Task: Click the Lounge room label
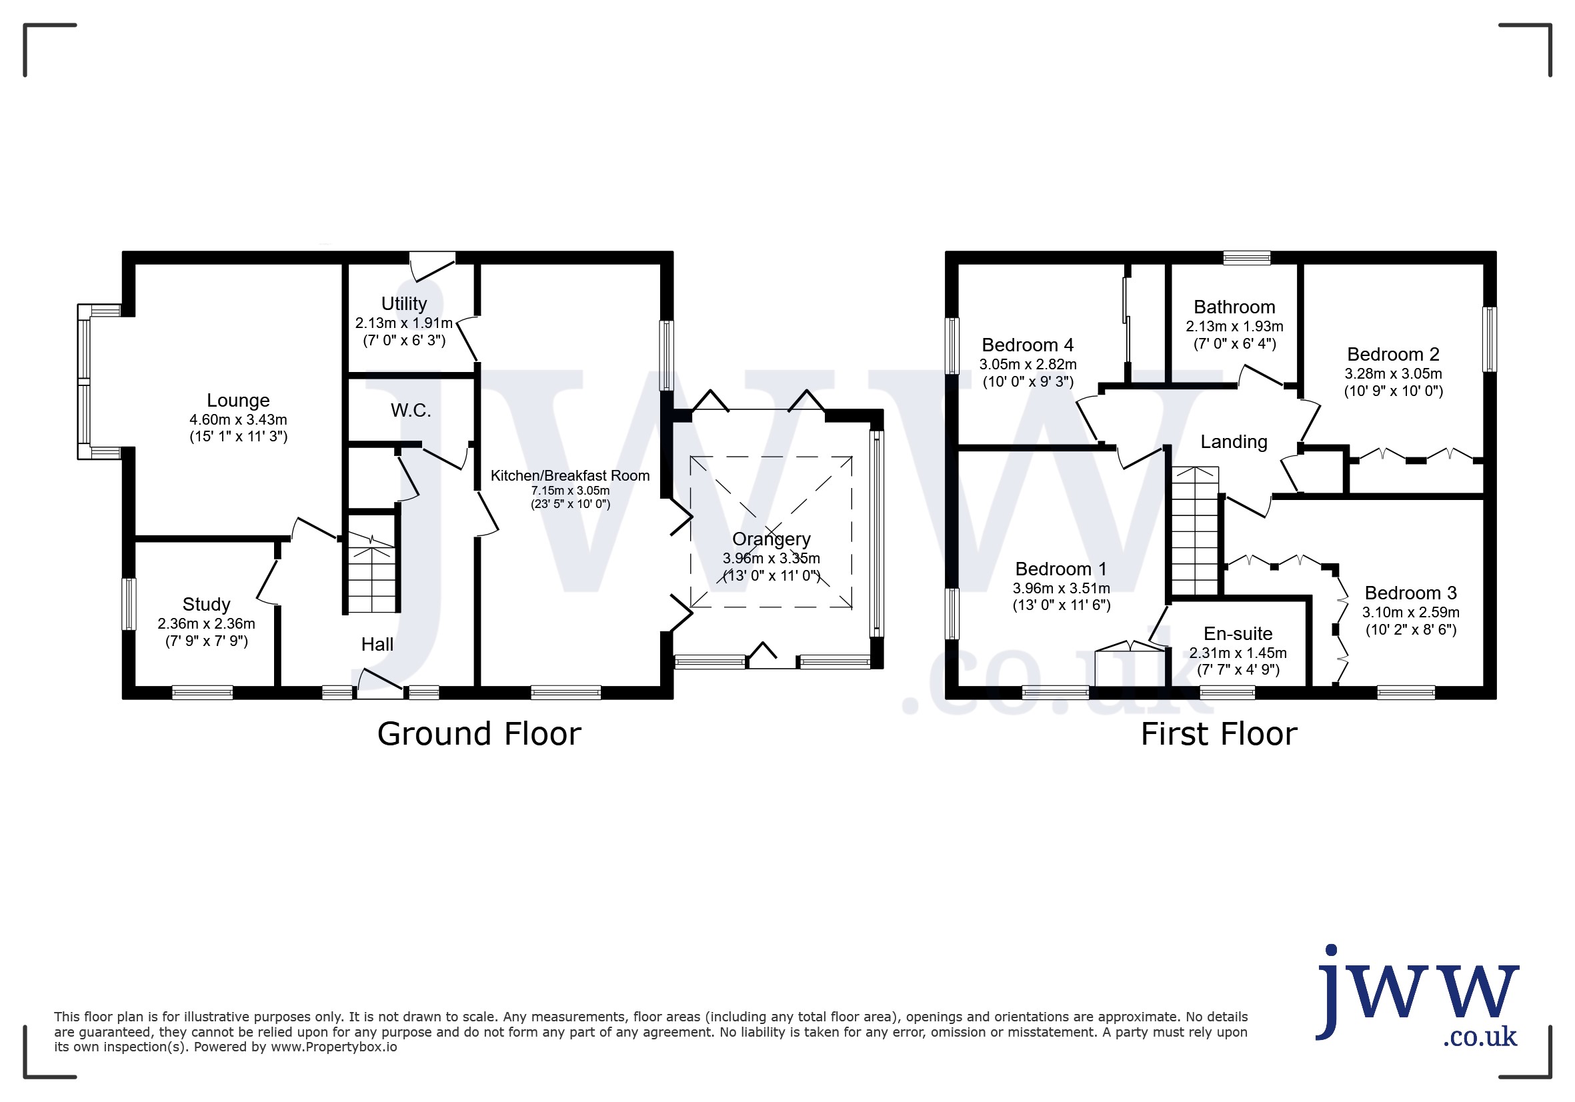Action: pos(238,401)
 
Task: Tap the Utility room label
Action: pos(404,304)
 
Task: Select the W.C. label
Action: pos(411,411)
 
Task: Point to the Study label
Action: pos(207,605)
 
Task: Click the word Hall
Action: pos(377,645)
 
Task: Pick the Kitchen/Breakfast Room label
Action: pos(570,476)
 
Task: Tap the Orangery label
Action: pos(771,540)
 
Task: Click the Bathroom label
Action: pos(1234,307)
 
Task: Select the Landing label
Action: pos(1234,442)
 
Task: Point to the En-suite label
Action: pos(1238,633)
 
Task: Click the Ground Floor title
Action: pos(479,735)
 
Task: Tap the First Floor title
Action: pos(1218,735)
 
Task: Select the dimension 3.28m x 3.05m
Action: pos(1392,374)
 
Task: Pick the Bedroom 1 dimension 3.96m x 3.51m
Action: pos(1061,589)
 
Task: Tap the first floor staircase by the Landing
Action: pos(1194,531)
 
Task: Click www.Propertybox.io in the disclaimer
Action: pos(333,1047)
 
